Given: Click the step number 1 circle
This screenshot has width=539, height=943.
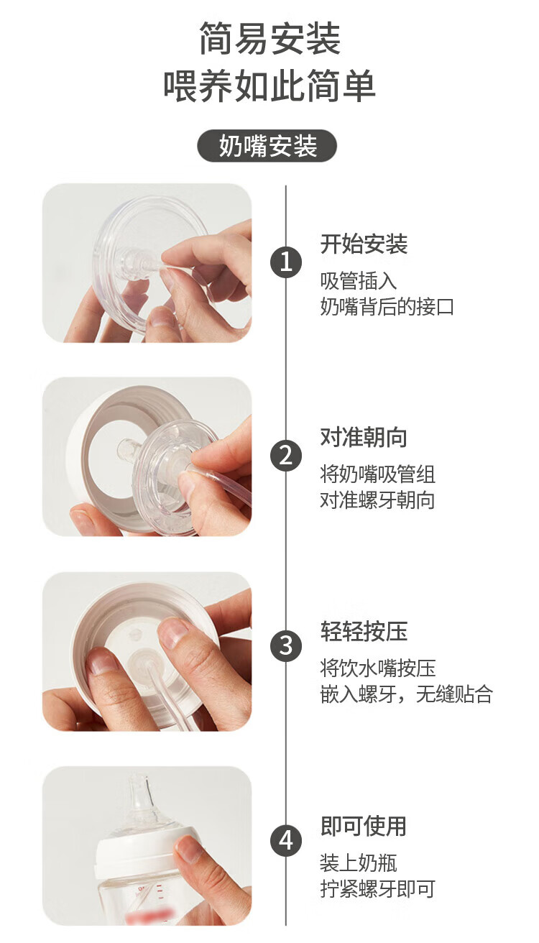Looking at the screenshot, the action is pyautogui.click(x=286, y=262).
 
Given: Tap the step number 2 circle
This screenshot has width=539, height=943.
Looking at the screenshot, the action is pyautogui.click(x=286, y=456).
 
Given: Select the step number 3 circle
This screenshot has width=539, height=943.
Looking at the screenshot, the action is pyautogui.click(x=286, y=645).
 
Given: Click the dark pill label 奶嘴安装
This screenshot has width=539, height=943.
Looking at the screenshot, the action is pyautogui.click(x=267, y=146).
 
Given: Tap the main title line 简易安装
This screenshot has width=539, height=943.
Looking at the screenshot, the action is pyautogui.click(x=269, y=39).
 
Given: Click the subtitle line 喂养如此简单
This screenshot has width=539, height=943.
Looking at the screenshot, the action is pyautogui.click(x=269, y=86).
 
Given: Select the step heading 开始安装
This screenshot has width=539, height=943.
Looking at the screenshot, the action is pyautogui.click(x=364, y=244).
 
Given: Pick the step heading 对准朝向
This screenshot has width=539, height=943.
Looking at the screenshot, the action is pyautogui.click(x=364, y=437).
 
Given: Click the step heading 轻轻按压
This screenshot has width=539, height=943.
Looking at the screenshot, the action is pyautogui.click(x=364, y=631).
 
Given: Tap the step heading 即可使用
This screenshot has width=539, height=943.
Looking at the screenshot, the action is pyautogui.click(x=364, y=826).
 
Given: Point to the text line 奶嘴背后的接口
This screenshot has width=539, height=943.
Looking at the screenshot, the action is pyautogui.click(x=387, y=306).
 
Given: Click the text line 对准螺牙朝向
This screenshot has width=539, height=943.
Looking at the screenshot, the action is pyautogui.click(x=377, y=500).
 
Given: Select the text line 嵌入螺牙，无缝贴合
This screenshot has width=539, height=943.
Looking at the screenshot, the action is pyautogui.click(x=406, y=694).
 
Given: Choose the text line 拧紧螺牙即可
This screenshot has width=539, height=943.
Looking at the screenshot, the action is pyautogui.click(x=377, y=888).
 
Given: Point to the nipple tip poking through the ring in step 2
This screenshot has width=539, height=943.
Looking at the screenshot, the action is pyautogui.click(x=127, y=449).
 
